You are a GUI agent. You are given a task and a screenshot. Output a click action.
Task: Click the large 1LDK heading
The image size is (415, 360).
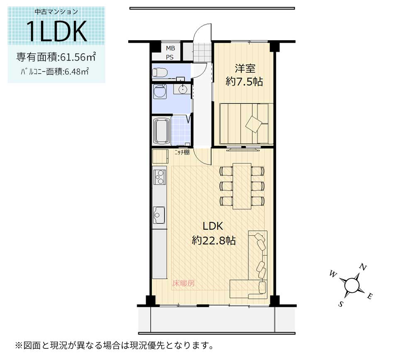[56, 31]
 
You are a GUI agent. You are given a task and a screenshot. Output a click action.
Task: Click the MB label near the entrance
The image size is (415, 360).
[171, 48]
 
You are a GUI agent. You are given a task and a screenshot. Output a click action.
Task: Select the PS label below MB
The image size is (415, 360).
[171, 57]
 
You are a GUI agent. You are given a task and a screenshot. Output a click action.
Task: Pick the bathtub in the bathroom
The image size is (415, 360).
[161, 130]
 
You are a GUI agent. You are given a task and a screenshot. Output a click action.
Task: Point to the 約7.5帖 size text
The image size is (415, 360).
[244, 81]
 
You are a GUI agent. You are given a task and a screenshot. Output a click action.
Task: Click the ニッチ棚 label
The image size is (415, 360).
[182, 152]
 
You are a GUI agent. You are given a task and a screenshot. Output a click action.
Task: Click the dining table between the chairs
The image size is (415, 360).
[242, 186]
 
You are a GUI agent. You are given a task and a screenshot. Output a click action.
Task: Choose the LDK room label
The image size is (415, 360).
[213, 226]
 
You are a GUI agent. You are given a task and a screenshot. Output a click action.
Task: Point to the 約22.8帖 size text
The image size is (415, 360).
[214, 240]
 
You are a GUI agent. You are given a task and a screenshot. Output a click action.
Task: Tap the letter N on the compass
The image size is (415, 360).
[362, 267]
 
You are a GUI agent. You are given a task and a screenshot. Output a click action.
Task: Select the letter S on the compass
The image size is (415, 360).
[341, 304]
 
